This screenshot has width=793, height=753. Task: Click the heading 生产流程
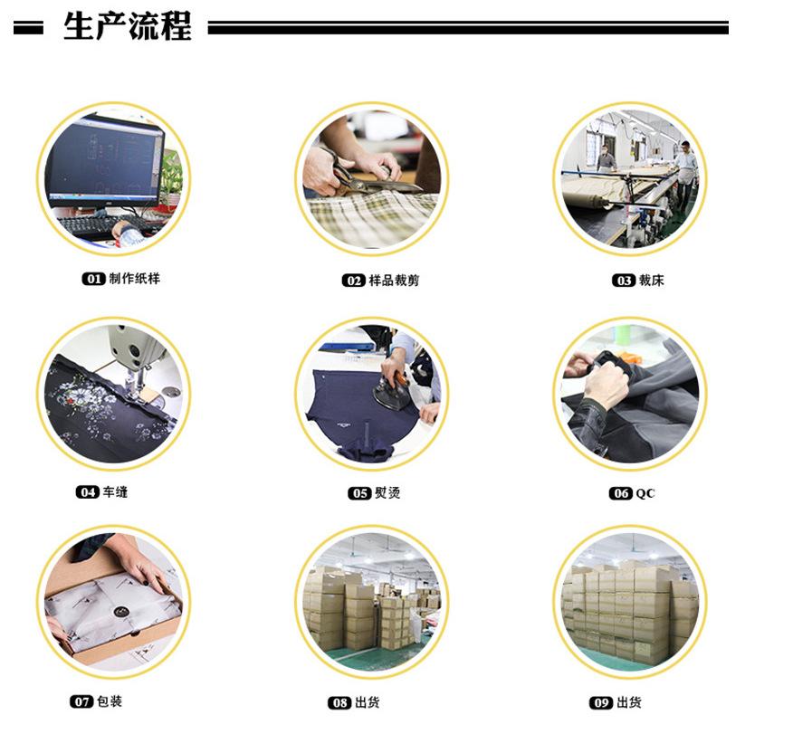pos(127,27)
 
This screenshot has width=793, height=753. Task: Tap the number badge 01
pos(93,280)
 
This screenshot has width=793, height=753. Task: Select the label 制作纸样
pos(134,279)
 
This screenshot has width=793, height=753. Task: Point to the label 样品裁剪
pos(394,281)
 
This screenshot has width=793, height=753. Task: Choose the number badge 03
pos(624,281)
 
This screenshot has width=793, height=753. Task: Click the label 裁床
pos(652,281)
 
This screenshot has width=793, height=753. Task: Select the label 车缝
pos(115,492)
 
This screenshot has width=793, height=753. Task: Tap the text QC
pos(645,493)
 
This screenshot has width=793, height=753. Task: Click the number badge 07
pos(81,702)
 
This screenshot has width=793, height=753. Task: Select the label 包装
pos(110,701)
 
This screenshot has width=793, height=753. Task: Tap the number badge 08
pos(339,703)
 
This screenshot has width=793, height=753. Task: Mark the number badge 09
pos(601,703)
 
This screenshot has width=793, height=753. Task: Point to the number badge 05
pos(359,493)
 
